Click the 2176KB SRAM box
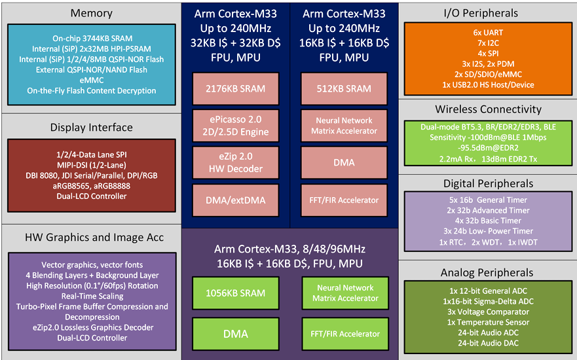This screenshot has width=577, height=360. pos(236,89)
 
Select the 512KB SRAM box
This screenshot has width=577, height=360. pos(344,89)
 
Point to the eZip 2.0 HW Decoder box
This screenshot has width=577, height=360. pos(236,162)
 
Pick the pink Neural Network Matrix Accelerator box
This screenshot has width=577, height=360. pos(344,126)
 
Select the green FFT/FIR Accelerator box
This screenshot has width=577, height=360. pos(344,334)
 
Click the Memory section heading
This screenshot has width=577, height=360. pos(91,13)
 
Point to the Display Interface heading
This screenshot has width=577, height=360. pos(91,127)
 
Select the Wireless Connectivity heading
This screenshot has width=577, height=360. pos(488,109)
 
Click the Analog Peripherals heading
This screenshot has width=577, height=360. pos(488,272)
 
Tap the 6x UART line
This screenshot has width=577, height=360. pos(488,32)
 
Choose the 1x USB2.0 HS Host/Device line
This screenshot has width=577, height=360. pos(488,84)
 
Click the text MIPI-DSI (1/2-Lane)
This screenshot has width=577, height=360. pos(92,164)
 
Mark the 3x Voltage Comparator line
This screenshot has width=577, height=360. pos(488,312)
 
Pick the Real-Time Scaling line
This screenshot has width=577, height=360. pos(92,297)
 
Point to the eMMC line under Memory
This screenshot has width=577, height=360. pos(92,81)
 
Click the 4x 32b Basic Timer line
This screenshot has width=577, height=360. pos(488,221)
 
